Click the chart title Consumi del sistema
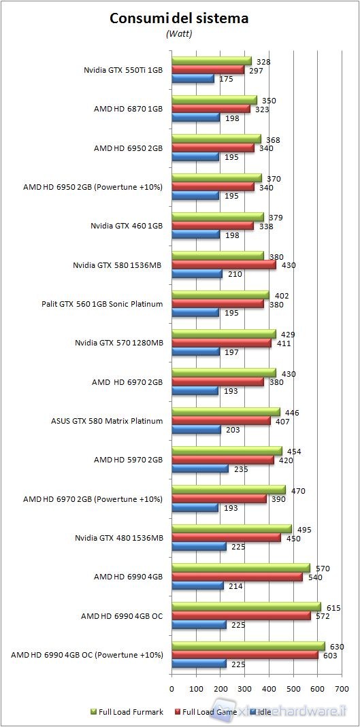click(x=180, y=18)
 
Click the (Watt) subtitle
click(x=180, y=33)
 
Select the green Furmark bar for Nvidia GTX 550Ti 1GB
click(x=211, y=61)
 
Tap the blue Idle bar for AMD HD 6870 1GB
click(x=195, y=118)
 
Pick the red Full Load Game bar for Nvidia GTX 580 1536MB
click(x=224, y=265)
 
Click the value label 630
click(x=335, y=647)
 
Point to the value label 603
click(x=329, y=656)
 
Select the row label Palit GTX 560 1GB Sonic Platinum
click(x=102, y=304)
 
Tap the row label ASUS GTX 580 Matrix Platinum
click(x=107, y=421)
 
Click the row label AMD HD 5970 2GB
click(x=128, y=460)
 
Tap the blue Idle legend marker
click(x=252, y=712)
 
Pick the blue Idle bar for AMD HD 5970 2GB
click(x=200, y=469)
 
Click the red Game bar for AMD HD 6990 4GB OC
click(x=241, y=616)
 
